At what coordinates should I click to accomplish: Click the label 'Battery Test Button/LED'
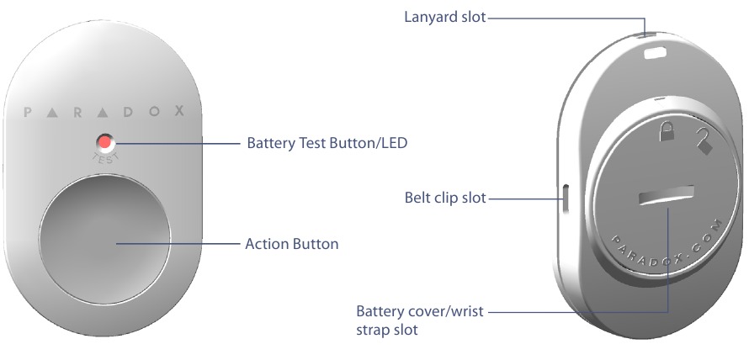click(327, 143)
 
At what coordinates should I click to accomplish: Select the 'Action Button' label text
click(291, 245)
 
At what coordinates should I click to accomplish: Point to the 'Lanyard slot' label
click(444, 16)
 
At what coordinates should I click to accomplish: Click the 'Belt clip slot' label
click(445, 199)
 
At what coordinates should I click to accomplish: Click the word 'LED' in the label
click(393, 143)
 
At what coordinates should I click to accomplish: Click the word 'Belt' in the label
click(417, 199)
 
